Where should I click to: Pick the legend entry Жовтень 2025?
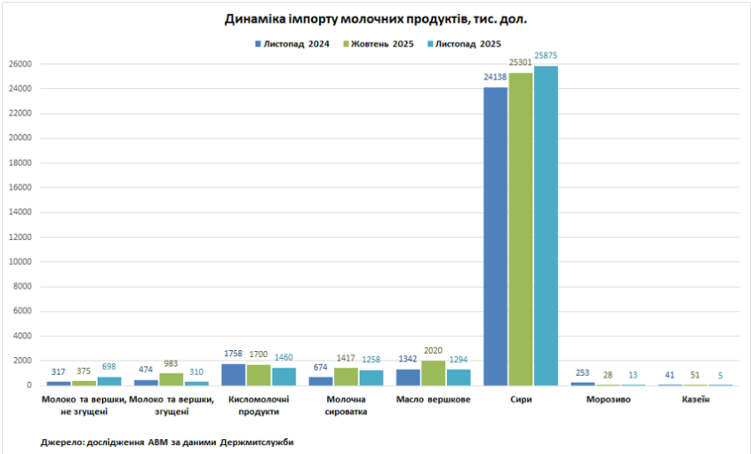[x=380, y=44]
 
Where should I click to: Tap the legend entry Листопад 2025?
[x=465, y=44]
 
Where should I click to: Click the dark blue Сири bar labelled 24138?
[x=495, y=235]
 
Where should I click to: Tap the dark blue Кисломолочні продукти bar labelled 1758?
[x=233, y=374]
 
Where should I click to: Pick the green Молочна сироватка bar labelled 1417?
[x=346, y=376]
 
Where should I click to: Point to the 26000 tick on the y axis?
[x=20, y=64]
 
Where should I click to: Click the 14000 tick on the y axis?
[x=20, y=212]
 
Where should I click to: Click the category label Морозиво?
[x=608, y=400]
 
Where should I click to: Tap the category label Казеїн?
[x=695, y=400]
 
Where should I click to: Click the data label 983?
[x=171, y=363]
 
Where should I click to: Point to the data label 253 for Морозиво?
[x=582, y=372]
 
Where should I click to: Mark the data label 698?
[x=109, y=367]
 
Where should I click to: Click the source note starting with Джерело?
[x=167, y=442]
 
